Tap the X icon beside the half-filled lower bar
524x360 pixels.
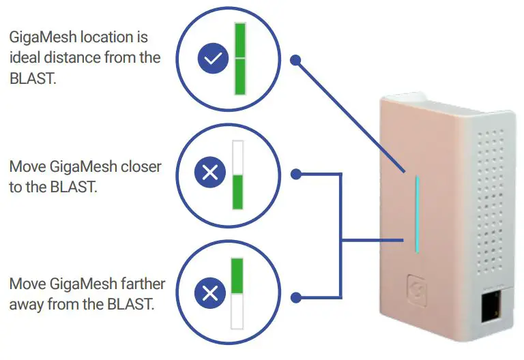210,174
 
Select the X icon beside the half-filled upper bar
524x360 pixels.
210,294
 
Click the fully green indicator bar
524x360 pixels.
240,59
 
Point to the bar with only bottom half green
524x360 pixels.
237,175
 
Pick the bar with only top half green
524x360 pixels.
237,294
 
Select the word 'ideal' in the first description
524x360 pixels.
25,57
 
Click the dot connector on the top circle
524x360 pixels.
295,60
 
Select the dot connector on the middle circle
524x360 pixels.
295,174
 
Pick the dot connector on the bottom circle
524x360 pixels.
295,297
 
